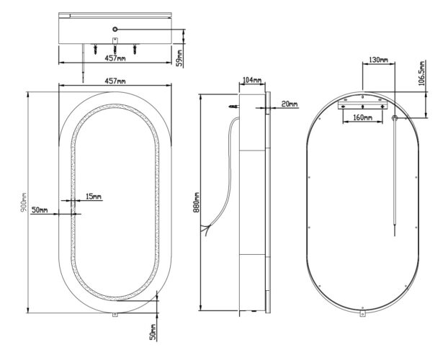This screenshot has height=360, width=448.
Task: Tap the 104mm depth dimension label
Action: [252, 80]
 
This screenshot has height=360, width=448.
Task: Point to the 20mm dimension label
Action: [290, 104]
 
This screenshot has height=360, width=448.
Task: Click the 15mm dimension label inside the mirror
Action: [93, 197]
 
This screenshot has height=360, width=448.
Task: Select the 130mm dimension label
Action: [378, 60]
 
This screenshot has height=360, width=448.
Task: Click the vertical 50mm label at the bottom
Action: [152, 332]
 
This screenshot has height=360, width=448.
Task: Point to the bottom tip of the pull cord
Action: [395, 233]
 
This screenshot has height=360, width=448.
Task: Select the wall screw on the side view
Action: [233, 107]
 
